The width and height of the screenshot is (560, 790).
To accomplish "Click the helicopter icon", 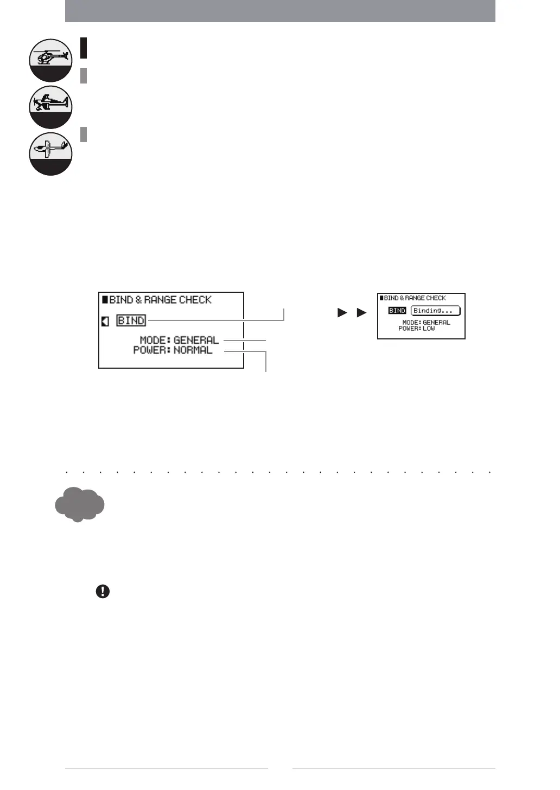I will [x=50, y=60].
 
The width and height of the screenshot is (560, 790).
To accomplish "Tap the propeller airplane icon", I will [x=50, y=106].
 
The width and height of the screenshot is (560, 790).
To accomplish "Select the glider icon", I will [x=50, y=153].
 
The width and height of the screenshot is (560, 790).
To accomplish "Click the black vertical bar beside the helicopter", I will [x=84, y=48].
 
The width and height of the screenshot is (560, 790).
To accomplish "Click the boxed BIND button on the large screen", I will [x=131, y=320].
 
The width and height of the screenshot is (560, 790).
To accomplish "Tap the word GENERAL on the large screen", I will [x=196, y=341].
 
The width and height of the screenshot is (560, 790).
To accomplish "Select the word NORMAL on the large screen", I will [x=193, y=350].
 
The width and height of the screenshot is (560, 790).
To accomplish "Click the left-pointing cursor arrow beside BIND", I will [x=105, y=322].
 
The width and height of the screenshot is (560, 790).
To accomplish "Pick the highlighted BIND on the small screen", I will [x=397, y=311].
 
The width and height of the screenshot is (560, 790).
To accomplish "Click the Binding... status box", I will [x=435, y=311].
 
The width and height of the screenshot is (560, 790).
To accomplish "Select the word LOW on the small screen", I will [x=429, y=329].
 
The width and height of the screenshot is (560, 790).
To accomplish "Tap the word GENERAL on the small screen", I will [x=436, y=323].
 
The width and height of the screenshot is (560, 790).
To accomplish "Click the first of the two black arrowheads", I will [x=342, y=313].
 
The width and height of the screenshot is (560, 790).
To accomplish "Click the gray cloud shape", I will [x=79, y=504].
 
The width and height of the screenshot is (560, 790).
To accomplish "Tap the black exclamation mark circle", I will [x=103, y=592].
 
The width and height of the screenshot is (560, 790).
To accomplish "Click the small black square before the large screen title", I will [x=105, y=299].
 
